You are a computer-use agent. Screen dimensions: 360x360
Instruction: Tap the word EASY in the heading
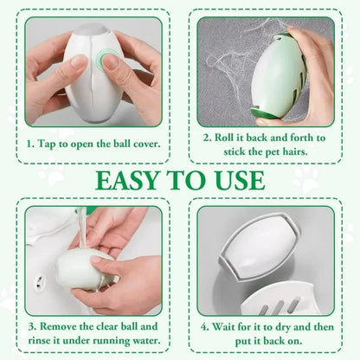coord(128,181)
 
